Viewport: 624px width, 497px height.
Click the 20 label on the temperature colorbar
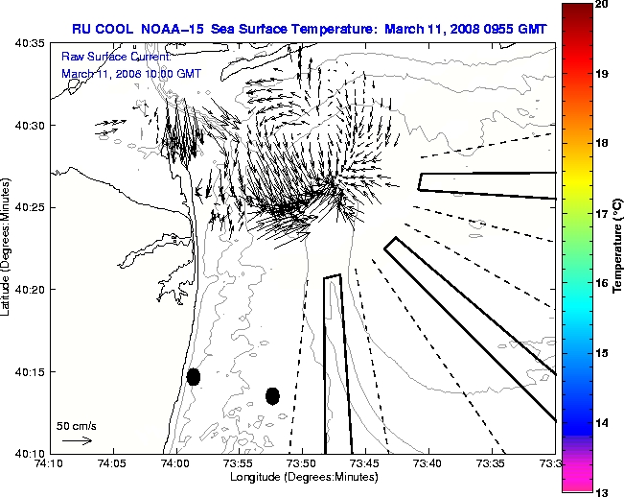click(601, 6)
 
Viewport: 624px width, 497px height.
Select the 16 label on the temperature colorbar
click(601, 284)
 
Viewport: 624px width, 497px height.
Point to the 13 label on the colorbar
click(601, 491)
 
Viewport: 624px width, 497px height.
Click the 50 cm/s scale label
click(76, 425)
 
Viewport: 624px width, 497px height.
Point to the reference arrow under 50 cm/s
click(77, 440)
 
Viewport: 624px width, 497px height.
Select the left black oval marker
click(194, 376)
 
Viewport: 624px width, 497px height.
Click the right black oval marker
click(272, 395)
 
